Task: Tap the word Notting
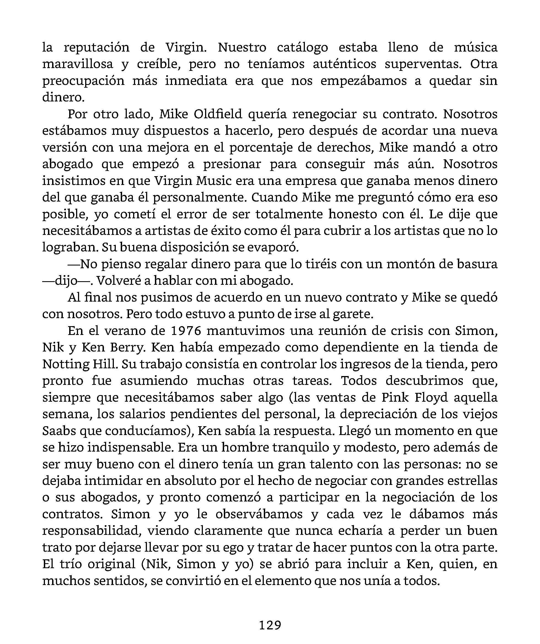tap(65, 364)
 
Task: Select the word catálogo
tap(302, 47)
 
